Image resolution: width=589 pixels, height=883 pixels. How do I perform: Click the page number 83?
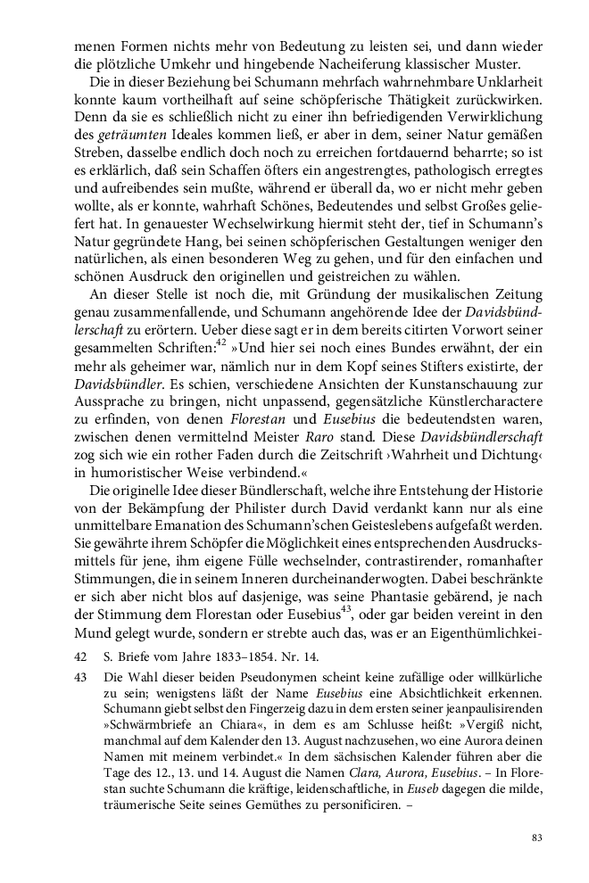pyautogui.click(x=537, y=838)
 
